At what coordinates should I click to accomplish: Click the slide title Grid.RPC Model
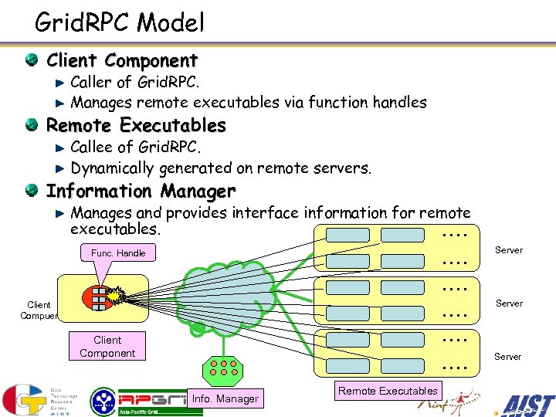coord(120,22)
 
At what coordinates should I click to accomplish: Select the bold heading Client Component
coord(122,60)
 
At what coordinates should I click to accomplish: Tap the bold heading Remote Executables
coord(136,125)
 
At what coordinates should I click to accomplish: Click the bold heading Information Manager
coord(141,191)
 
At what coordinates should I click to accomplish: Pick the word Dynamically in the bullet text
coord(112,168)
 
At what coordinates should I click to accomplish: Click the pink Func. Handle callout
coord(118,253)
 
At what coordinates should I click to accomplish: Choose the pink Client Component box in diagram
coord(107,347)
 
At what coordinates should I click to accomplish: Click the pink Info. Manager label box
coord(225,398)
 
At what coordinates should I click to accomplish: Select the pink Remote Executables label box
coord(388,391)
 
